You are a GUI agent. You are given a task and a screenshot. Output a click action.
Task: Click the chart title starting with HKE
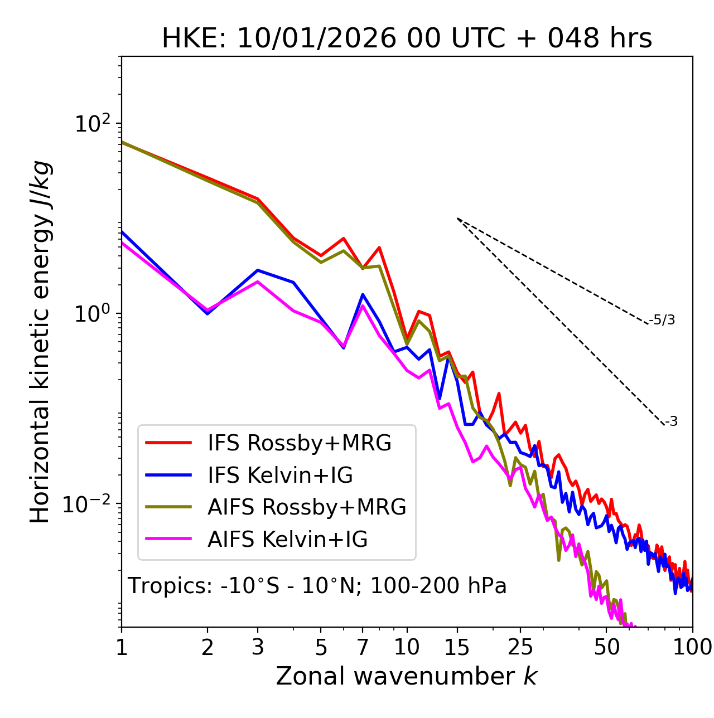tap(407, 38)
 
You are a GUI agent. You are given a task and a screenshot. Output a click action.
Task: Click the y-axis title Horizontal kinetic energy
tap(40, 342)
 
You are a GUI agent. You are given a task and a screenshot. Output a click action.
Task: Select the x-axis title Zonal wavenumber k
tap(407, 676)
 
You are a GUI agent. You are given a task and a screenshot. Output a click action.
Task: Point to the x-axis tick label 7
tap(363, 647)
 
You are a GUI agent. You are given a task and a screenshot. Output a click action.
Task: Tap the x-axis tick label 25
tap(519, 647)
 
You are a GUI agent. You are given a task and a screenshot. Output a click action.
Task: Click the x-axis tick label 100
tap(692, 647)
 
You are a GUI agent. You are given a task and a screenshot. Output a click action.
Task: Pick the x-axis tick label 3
tap(258, 647)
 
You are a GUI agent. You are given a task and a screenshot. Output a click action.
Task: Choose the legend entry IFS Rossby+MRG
tap(299, 443)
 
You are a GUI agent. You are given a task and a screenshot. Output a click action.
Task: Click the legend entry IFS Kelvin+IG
tap(280, 475)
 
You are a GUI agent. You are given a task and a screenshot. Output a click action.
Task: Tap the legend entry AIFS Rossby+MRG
tap(307, 507)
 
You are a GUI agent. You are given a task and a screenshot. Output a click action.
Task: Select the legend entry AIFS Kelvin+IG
tap(287, 540)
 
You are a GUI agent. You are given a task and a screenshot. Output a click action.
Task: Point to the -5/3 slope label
tap(662, 320)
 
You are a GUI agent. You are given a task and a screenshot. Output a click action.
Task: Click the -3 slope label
tap(672, 422)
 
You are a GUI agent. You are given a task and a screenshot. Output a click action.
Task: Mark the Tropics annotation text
tap(317, 586)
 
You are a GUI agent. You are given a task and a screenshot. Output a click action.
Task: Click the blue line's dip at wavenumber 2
tap(208, 314)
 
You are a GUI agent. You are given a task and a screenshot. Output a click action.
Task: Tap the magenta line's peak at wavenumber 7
tap(363, 305)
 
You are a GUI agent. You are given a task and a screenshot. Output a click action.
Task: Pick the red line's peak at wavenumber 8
tap(379, 247)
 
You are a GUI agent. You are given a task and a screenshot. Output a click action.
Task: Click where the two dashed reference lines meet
tap(457, 219)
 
